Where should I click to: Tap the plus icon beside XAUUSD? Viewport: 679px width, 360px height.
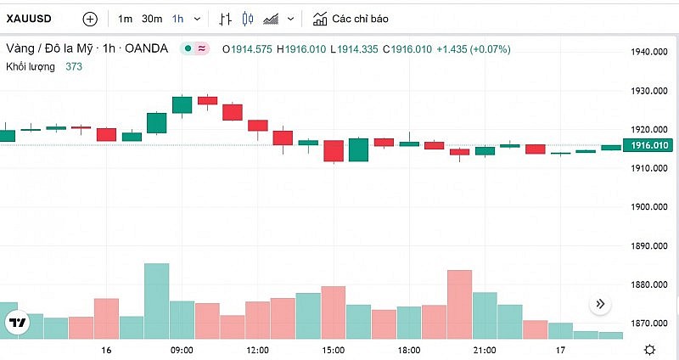[x=90, y=18]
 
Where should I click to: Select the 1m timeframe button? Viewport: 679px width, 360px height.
[x=125, y=18]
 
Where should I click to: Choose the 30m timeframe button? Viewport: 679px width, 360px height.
[x=152, y=18]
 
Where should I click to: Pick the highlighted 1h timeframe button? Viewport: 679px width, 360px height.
[x=177, y=18]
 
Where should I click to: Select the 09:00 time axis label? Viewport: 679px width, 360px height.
[x=182, y=350]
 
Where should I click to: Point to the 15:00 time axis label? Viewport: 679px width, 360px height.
[x=333, y=350]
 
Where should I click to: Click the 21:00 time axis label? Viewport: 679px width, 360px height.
[x=485, y=350]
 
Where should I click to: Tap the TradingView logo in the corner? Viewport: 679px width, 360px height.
[x=16, y=323]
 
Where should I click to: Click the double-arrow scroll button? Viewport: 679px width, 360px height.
[x=600, y=304]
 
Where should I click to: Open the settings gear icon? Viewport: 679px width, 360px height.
[x=649, y=349]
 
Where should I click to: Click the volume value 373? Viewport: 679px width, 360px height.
[x=74, y=66]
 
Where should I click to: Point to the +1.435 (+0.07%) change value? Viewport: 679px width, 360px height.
[x=473, y=49]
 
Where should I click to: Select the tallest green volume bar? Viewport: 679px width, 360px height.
[x=156, y=301]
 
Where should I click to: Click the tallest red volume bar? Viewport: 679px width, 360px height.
[x=459, y=305]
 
